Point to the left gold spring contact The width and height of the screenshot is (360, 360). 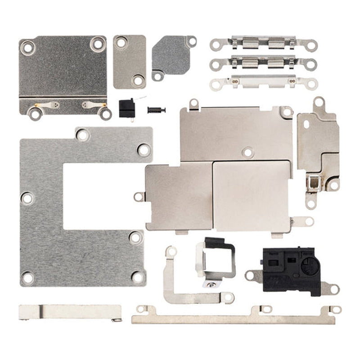coord(50,106)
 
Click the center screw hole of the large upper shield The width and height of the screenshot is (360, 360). coord(247,152)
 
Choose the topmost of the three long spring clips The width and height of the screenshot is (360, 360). coord(263,44)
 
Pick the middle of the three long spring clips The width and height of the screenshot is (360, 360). coord(263,63)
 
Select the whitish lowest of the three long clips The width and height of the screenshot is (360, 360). coord(263,81)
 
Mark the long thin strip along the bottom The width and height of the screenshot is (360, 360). coord(234,319)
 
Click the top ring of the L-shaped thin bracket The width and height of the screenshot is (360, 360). coord(170,252)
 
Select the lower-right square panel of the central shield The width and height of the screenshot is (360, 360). coord(251,197)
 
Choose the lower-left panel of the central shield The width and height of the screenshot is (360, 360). coord(179,197)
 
